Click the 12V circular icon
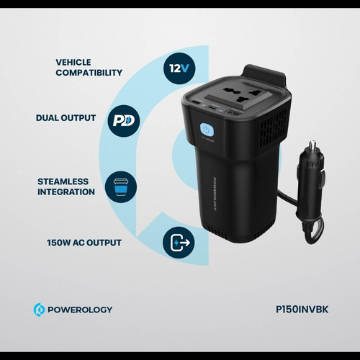[x=179, y=68]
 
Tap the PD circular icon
[x=123, y=121]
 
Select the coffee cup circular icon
[x=121, y=187]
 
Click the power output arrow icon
[x=179, y=243]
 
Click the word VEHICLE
[x=73, y=63]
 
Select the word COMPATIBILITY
[x=89, y=73]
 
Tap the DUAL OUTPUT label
[x=66, y=118]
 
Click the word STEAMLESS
[x=63, y=181]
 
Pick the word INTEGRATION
[x=66, y=192]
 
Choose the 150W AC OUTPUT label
[x=84, y=243]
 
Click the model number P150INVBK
[x=302, y=310]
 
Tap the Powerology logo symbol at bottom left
[x=39, y=310]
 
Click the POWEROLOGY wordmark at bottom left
[x=80, y=310]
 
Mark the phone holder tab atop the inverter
[x=264, y=74]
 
